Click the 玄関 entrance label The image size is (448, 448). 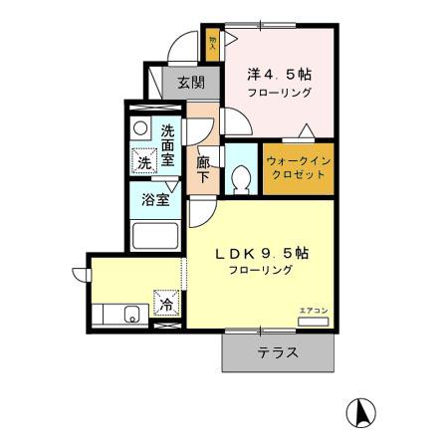coord(190,84)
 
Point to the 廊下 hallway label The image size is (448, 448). coord(203,168)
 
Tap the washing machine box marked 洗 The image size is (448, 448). coord(145,162)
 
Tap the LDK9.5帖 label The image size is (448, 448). coord(263,253)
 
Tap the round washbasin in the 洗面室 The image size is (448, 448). coord(141,129)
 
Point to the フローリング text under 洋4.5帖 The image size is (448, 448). coord(282,92)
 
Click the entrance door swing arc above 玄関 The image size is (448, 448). coord(182,50)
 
